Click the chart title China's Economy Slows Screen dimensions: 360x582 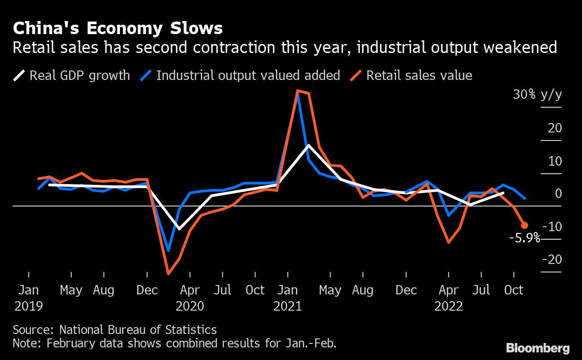click(x=118, y=28)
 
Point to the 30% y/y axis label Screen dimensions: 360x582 click(x=538, y=94)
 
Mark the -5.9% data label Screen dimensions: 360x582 click(x=525, y=238)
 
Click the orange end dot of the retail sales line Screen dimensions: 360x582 click(x=524, y=225)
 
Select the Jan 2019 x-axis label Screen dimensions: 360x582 click(x=29, y=298)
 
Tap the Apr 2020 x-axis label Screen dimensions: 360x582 click(x=190, y=298)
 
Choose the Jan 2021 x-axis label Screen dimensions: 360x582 click(x=287, y=298)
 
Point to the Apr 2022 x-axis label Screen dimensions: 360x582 click(x=449, y=298)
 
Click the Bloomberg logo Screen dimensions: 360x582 click(x=538, y=347)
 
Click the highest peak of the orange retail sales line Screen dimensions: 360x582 click(x=298, y=91)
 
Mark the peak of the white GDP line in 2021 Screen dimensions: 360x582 click(x=309, y=145)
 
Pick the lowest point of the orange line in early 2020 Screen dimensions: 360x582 click(x=168, y=273)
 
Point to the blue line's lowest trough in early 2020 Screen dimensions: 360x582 click(x=168, y=250)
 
